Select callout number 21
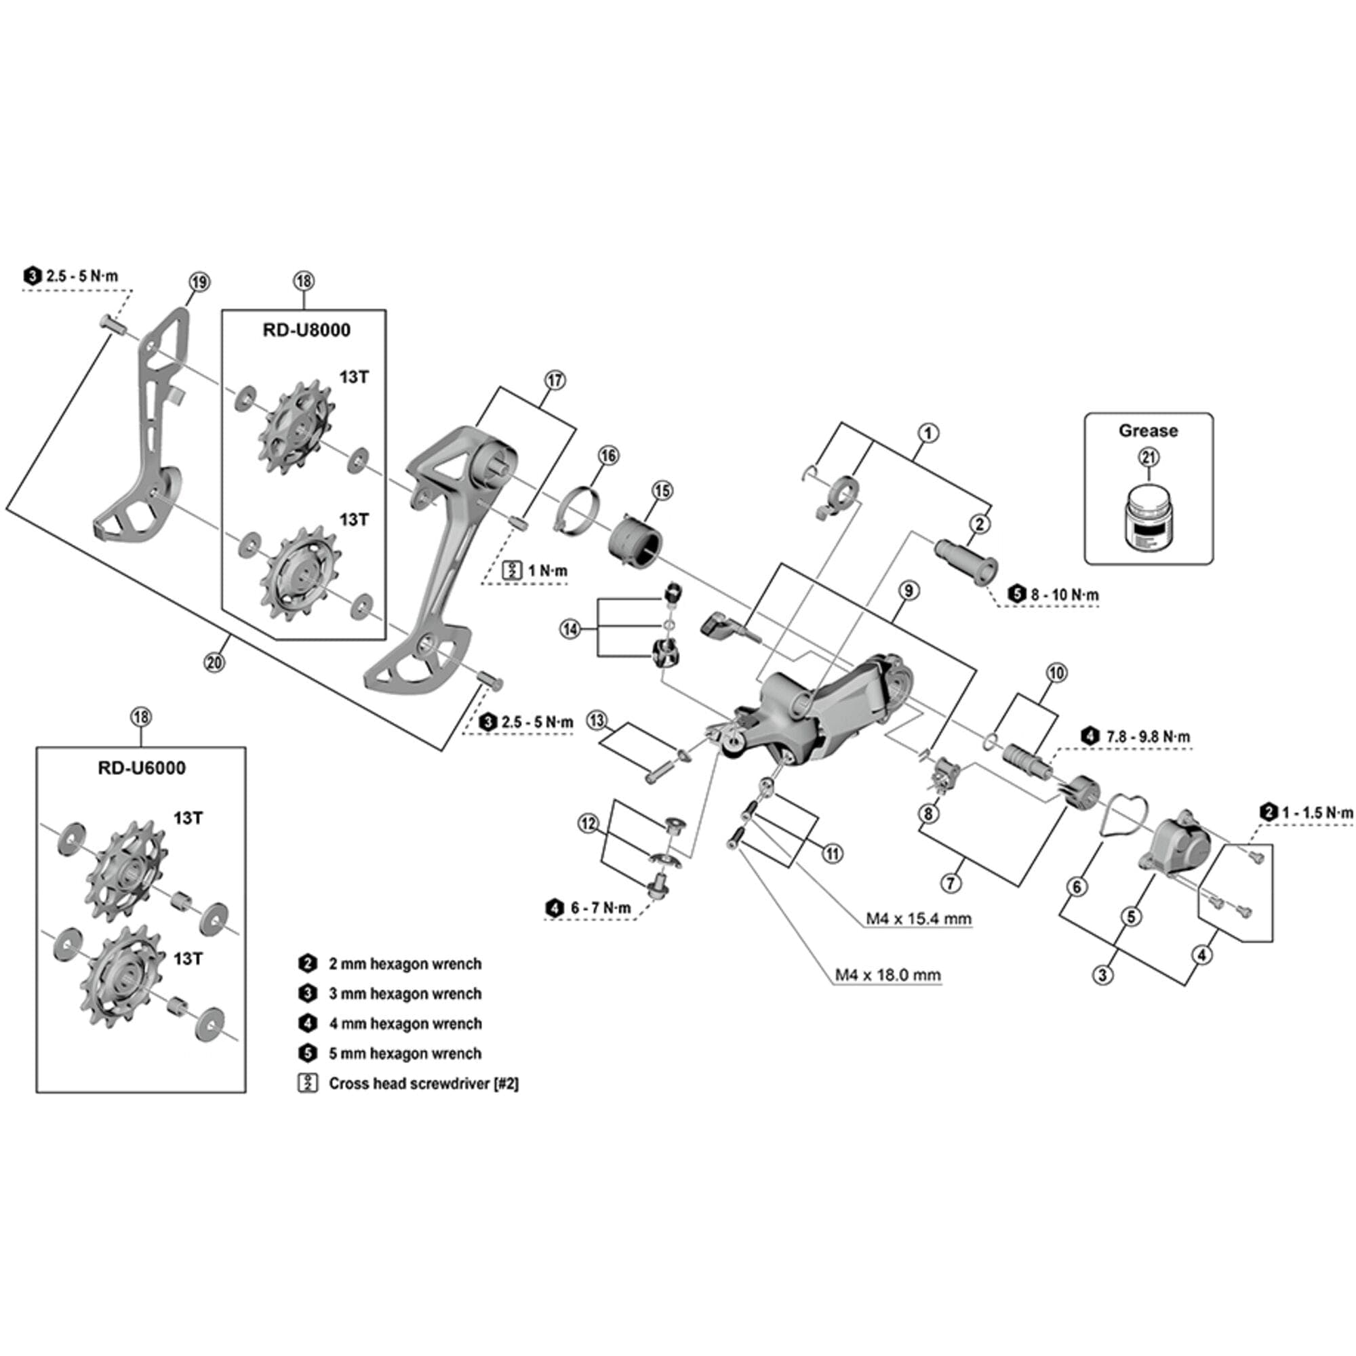tap(1149, 458)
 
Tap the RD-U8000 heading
tap(306, 330)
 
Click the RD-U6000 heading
tap(142, 768)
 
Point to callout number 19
tap(199, 282)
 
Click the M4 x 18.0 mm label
tap(888, 975)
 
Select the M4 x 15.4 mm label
tap(918, 918)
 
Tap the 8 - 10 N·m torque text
tap(1064, 595)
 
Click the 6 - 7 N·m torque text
tap(600, 909)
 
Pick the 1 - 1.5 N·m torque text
tap(1317, 813)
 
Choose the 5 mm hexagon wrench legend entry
tap(405, 1053)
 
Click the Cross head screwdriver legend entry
tap(423, 1083)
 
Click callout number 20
tap(214, 661)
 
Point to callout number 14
tap(570, 629)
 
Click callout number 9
tap(909, 591)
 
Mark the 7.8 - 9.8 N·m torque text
tap(1148, 737)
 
